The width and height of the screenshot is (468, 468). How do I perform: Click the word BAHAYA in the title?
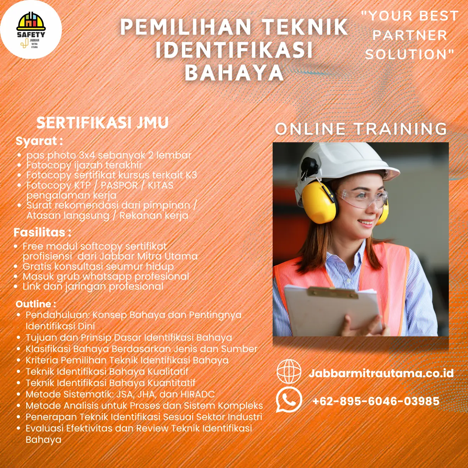click(x=234, y=73)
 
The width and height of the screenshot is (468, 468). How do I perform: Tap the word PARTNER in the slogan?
click(x=410, y=35)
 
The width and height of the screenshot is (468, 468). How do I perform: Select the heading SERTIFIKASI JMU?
click(x=102, y=122)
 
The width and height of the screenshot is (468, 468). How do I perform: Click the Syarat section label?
click(x=39, y=141)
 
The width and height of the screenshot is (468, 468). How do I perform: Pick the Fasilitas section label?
click(x=43, y=232)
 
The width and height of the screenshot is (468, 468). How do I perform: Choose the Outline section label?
click(x=36, y=304)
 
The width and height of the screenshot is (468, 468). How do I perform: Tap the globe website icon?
click(x=289, y=371)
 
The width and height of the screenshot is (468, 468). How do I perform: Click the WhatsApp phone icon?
click(x=289, y=400)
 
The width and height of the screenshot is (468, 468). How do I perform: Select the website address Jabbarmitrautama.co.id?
click(x=381, y=373)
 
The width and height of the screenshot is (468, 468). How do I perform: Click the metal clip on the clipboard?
click(x=333, y=292)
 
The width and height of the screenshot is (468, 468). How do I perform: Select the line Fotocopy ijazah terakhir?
click(x=84, y=165)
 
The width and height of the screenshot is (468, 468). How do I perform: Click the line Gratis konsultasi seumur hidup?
click(x=98, y=266)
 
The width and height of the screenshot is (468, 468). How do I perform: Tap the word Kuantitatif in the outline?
click(x=172, y=383)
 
